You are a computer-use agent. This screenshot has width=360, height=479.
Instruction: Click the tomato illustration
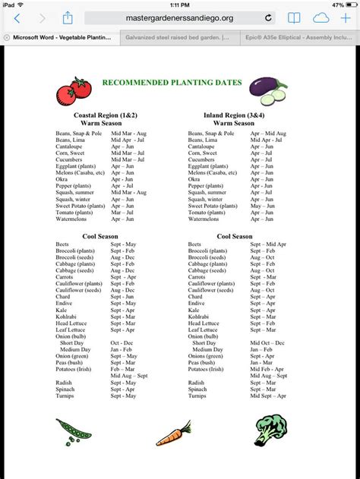tap(72, 91)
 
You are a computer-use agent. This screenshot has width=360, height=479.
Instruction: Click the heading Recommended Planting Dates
tap(172, 83)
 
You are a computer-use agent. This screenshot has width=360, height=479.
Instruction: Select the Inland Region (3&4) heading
tap(232, 115)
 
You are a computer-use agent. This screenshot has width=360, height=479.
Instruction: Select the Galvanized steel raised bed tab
tap(178, 35)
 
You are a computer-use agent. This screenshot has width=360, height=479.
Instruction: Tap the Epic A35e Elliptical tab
tap(298, 35)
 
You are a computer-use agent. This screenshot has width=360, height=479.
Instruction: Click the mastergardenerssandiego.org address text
tap(180, 17)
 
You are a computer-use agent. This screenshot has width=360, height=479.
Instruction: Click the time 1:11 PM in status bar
tap(179, 4)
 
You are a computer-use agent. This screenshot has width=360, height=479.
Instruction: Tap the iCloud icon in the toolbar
tap(321, 17)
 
